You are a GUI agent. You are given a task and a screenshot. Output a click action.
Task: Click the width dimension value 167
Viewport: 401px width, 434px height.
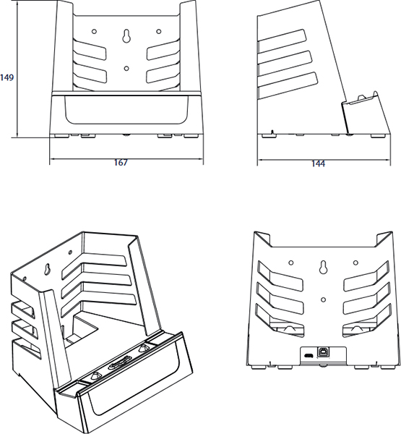[x=121, y=163]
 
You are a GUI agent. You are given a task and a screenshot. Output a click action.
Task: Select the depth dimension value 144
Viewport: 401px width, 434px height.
[x=318, y=163]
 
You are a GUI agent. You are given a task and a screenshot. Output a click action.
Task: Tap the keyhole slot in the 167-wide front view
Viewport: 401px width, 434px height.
[x=127, y=37]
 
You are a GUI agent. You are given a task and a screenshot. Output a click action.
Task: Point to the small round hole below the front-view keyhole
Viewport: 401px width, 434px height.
[x=127, y=69]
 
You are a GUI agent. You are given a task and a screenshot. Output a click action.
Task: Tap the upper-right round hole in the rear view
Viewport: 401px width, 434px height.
[x=355, y=262]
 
